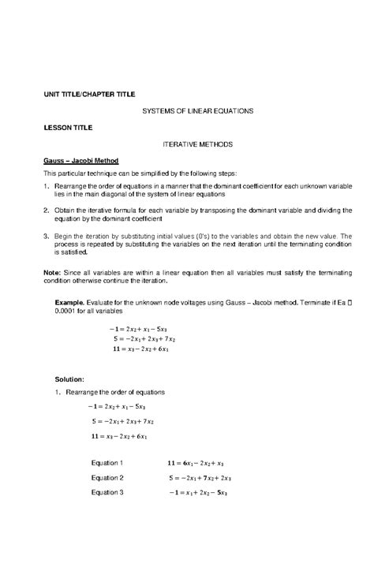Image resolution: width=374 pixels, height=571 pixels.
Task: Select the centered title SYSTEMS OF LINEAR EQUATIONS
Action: (x=197, y=111)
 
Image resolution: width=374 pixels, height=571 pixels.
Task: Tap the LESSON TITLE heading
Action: (x=68, y=127)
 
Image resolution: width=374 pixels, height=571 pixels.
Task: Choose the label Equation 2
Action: (x=107, y=478)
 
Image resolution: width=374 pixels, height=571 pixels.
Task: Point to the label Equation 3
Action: (x=107, y=493)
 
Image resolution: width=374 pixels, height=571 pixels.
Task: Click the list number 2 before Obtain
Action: (x=46, y=211)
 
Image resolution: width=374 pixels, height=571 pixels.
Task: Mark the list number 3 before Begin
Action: (x=46, y=236)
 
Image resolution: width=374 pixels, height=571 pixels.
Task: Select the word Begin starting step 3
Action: (x=64, y=236)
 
